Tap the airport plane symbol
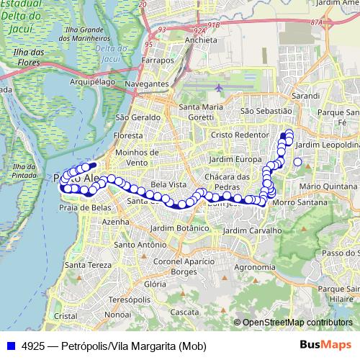pyautogui.click(x=219, y=88)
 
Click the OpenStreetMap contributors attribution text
pyautogui.click(x=297, y=323)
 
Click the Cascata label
pyautogui.click(x=186, y=312)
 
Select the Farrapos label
pyautogui.click(x=158, y=60)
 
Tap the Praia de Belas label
pyautogui.click(x=84, y=208)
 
